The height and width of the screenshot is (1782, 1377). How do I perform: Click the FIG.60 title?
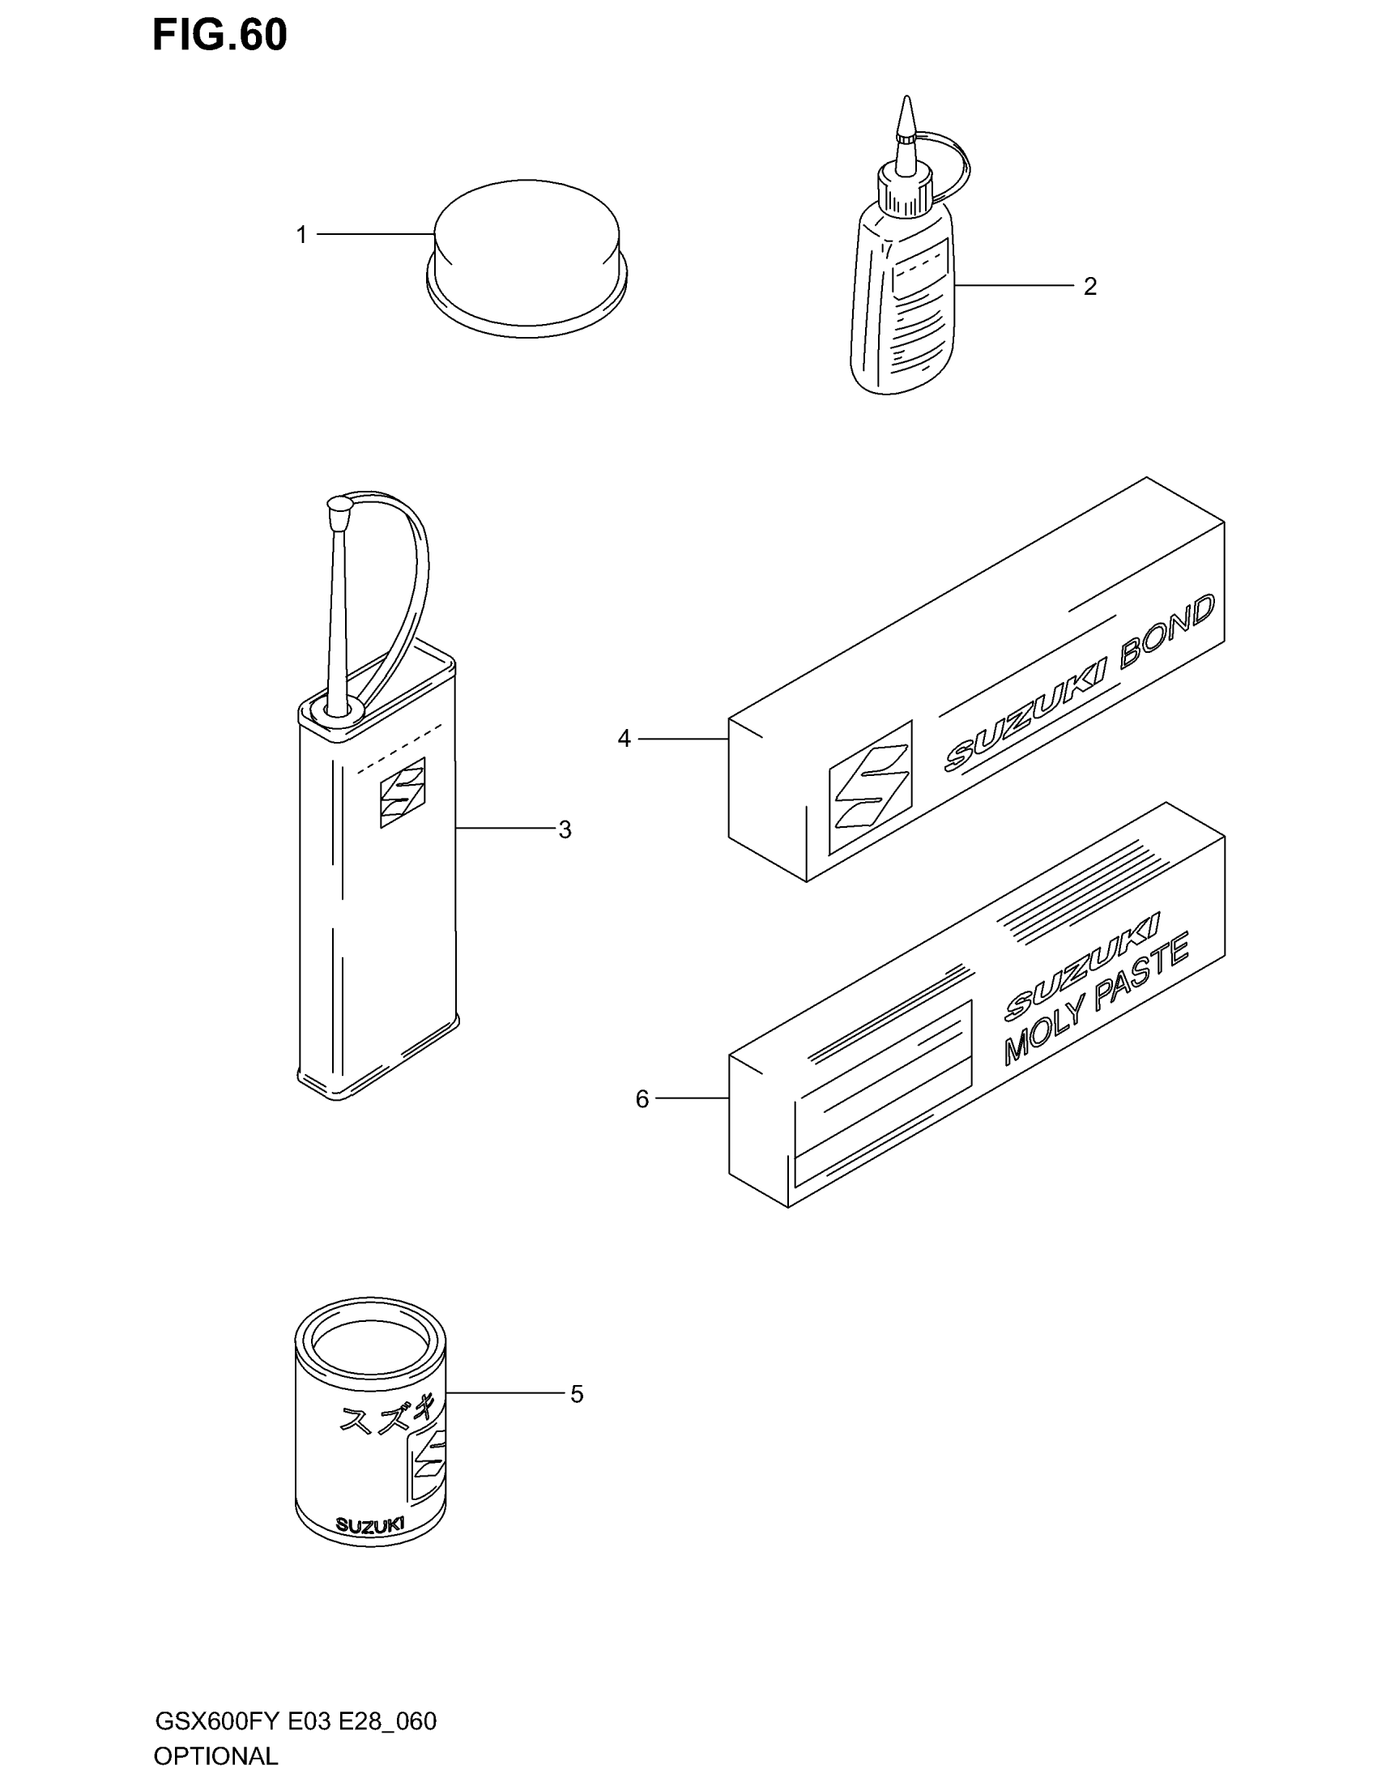[x=220, y=35]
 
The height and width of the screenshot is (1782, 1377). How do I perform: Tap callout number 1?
[x=301, y=235]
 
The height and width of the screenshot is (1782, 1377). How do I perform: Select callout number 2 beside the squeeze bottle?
[x=1089, y=287]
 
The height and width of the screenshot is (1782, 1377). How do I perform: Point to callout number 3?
[x=565, y=829]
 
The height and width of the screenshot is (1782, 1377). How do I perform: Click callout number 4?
[x=624, y=740]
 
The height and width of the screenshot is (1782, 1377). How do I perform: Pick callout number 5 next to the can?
[x=577, y=1395]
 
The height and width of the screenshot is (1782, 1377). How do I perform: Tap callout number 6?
[x=642, y=1099]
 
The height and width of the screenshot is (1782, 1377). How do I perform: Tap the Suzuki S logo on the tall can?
[x=403, y=791]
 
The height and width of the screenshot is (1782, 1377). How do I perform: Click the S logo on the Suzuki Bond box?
[x=870, y=787]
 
